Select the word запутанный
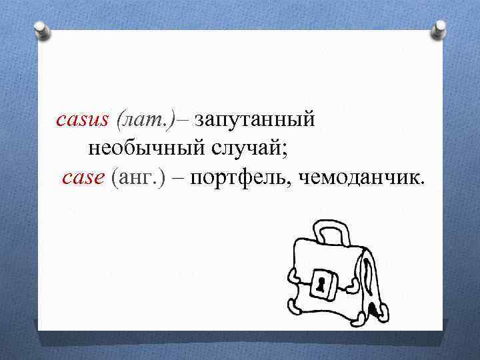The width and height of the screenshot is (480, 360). pyautogui.click(x=254, y=121)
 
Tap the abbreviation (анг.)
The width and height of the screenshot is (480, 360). pyautogui.click(x=138, y=177)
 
